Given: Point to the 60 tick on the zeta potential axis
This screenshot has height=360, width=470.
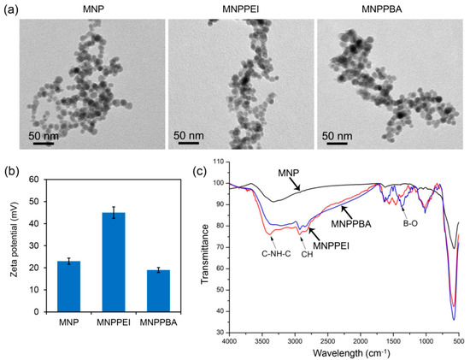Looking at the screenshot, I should pos(34,180).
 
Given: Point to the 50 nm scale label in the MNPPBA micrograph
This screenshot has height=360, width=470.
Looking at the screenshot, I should pos(338,135).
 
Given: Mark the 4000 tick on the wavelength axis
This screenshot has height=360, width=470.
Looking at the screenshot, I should pos(229,342).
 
